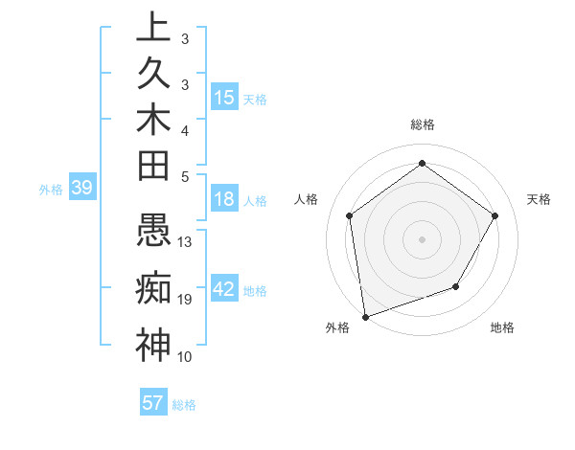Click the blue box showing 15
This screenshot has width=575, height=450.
224,98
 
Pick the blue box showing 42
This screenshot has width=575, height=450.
224,289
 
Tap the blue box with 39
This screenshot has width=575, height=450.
81,188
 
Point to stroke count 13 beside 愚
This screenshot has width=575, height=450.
186,242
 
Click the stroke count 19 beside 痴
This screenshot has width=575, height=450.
186,300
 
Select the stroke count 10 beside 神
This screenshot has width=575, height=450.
186,356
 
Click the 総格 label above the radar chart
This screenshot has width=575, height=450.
423,124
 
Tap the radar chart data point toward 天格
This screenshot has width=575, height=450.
494,215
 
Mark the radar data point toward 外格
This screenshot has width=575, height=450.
365,316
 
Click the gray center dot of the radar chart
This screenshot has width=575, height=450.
423,238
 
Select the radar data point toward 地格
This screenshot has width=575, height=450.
456,286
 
